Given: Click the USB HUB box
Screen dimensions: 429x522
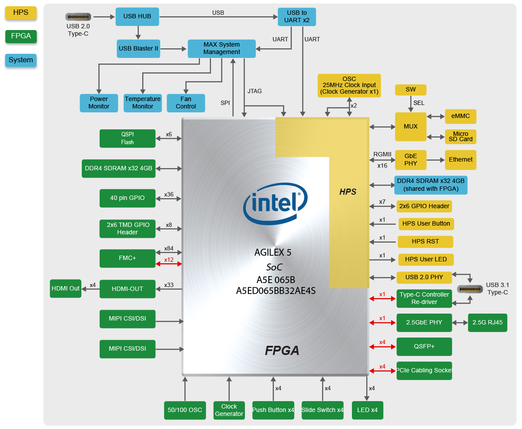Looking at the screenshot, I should [x=137, y=17].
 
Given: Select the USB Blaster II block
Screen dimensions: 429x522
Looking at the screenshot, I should [x=138, y=49].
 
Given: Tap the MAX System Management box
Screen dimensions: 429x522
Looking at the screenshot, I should [x=221, y=48].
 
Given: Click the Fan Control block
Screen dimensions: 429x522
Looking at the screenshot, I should [x=186, y=103].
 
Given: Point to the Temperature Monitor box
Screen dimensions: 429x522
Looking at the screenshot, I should [x=143, y=103].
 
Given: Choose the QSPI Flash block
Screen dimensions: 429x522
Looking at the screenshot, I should [x=127, y=138].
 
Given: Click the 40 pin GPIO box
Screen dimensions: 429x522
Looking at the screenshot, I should [x=127, y=198].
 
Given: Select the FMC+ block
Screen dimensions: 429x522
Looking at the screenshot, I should [x=127, y=258].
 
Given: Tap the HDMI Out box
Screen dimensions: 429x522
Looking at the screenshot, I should [x=66, y=288].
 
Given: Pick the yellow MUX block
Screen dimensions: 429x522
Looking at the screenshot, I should [x=411, y=126].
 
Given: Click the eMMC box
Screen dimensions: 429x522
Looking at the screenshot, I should [x=461, y=116].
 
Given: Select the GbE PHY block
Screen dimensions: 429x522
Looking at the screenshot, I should [x=411, y=160].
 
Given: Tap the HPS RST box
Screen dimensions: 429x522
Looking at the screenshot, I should [x=425, y=242].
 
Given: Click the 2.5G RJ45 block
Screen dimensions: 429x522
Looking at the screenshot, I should [x=488, y=323].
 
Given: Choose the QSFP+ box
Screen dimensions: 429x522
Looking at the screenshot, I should [x=424, y=347].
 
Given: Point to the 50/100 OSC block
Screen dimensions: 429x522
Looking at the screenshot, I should [x=185, y=410].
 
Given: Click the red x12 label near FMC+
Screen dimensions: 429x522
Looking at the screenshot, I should [x=169, y=260].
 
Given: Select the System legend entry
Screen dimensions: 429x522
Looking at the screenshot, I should [x=21, y=60].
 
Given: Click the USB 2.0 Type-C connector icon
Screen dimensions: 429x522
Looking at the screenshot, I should [x=78, y=17].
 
